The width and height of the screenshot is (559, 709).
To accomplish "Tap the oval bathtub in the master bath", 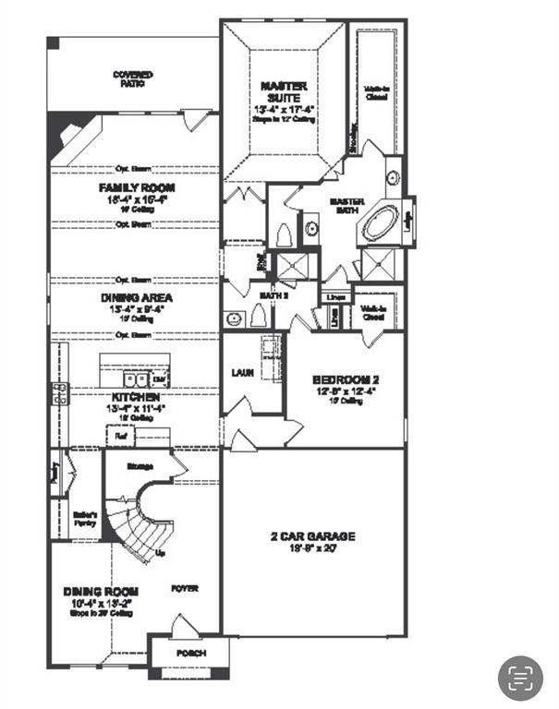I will pyautogui.click(x=380, y=224).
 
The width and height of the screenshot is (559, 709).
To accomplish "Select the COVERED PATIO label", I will pyautogui.click(x=133, y=78).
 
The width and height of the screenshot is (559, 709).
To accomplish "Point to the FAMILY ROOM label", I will pyautogui.click(x=137, y=187).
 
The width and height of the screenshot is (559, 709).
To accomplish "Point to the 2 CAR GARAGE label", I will pyautogui.click(x=312, y=536).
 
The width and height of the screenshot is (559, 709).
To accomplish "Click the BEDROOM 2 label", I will pyautogui.click(x=346, y=379).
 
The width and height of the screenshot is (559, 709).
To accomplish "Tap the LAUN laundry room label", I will pyautogui.click(x=242, y=373).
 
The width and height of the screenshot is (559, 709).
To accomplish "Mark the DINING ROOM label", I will pyautogui.click(x=101, y=591).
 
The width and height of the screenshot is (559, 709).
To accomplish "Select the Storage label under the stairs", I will pyautogui.click(x=140, y=467).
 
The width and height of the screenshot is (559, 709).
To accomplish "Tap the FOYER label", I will pyautogui.click(x=184, y=588).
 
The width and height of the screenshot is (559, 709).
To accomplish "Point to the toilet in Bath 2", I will pyautogui.click(x=258, y=317).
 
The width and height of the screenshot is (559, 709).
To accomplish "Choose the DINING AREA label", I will pyautogui.click(x=137, y=298).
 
